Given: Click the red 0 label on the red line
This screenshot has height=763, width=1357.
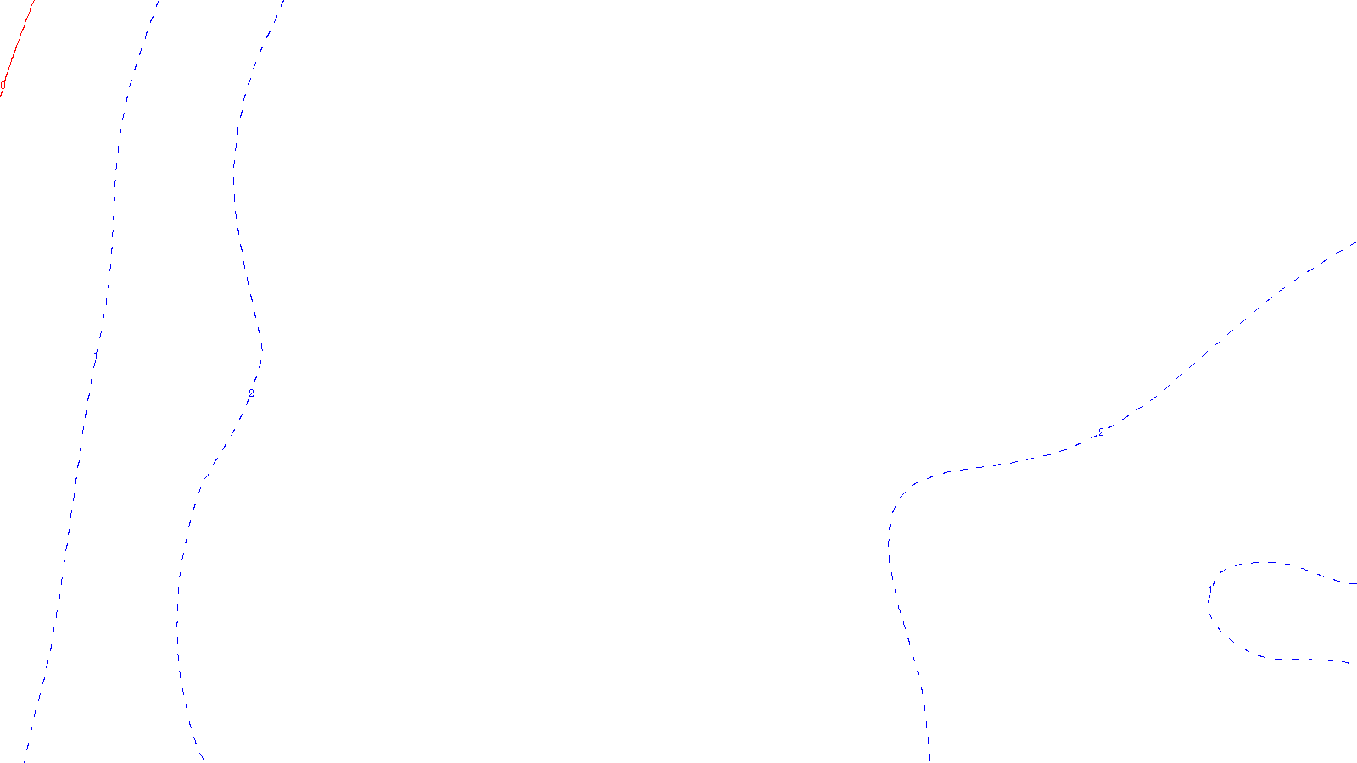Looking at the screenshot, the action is (3, 86).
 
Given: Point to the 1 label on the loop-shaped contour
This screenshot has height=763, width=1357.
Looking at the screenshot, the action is (1209, 594).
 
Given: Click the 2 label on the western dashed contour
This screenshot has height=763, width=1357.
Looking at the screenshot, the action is (251, 393).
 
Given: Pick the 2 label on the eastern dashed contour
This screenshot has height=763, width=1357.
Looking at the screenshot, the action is (1101, 432).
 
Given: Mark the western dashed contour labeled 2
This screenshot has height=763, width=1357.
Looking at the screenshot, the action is (236, 170).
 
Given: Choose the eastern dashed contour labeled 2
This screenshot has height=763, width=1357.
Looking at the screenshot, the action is (891, 551).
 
